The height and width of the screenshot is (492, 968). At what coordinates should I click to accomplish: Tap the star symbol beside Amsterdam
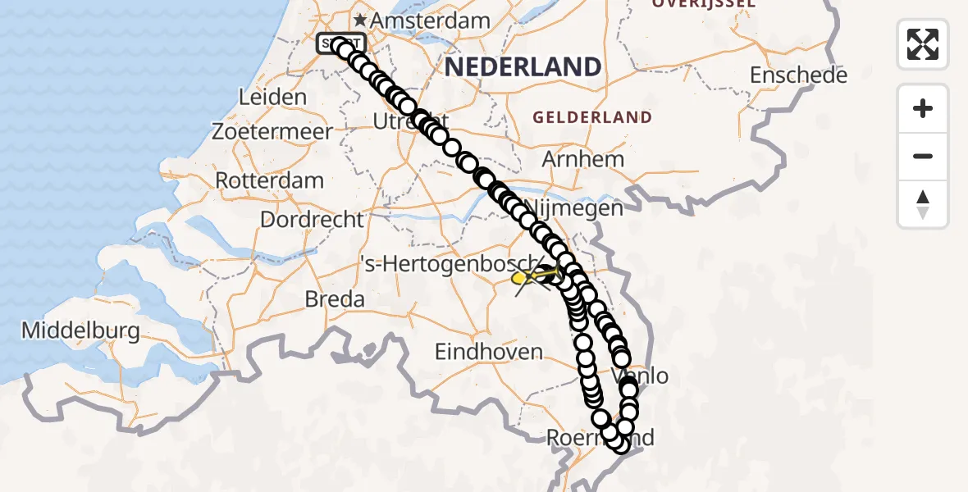(x=360, y=19)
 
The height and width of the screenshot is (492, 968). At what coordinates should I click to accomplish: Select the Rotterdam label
(x=270, y=180)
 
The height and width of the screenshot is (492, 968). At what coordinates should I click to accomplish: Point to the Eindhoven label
(x=489, y=352)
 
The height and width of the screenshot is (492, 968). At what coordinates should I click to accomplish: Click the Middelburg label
(x=80, y=330)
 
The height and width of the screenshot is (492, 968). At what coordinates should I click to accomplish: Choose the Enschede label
(x=798, y=75)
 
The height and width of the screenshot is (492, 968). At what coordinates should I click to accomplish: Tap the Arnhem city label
(x=583, y=158)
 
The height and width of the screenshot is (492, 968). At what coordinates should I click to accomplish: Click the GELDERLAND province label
(x=592, y=117)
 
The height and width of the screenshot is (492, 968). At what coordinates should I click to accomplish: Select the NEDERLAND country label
(x=523, y=66)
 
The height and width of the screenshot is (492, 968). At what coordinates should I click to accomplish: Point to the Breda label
(x=335, y=299)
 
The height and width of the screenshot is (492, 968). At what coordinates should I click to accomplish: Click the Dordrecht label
(x=312, y=219)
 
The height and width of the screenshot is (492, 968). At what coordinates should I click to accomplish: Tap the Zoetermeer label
(x=272, y=130)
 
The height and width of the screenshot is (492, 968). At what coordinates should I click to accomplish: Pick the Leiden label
(x=272, y=97)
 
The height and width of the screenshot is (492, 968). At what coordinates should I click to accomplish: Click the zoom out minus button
(x=923, y=156)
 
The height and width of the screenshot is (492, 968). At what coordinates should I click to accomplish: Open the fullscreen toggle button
(x=923, y=44)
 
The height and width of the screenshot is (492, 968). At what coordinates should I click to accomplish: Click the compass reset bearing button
(x=923, y=204)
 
